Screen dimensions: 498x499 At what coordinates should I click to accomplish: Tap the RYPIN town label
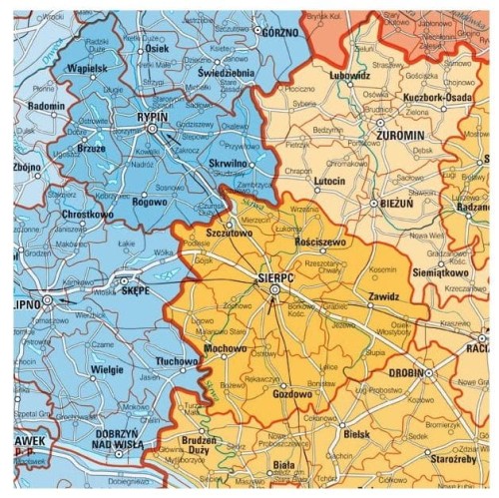(x=150, y=117)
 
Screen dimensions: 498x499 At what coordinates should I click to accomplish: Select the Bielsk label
(x=354, y=434)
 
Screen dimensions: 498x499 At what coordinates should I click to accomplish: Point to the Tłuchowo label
(x=180, y=362)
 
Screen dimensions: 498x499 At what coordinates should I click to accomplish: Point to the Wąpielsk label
(x=87, y=68)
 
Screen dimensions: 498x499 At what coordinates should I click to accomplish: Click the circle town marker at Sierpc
(x=275, y=289)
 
